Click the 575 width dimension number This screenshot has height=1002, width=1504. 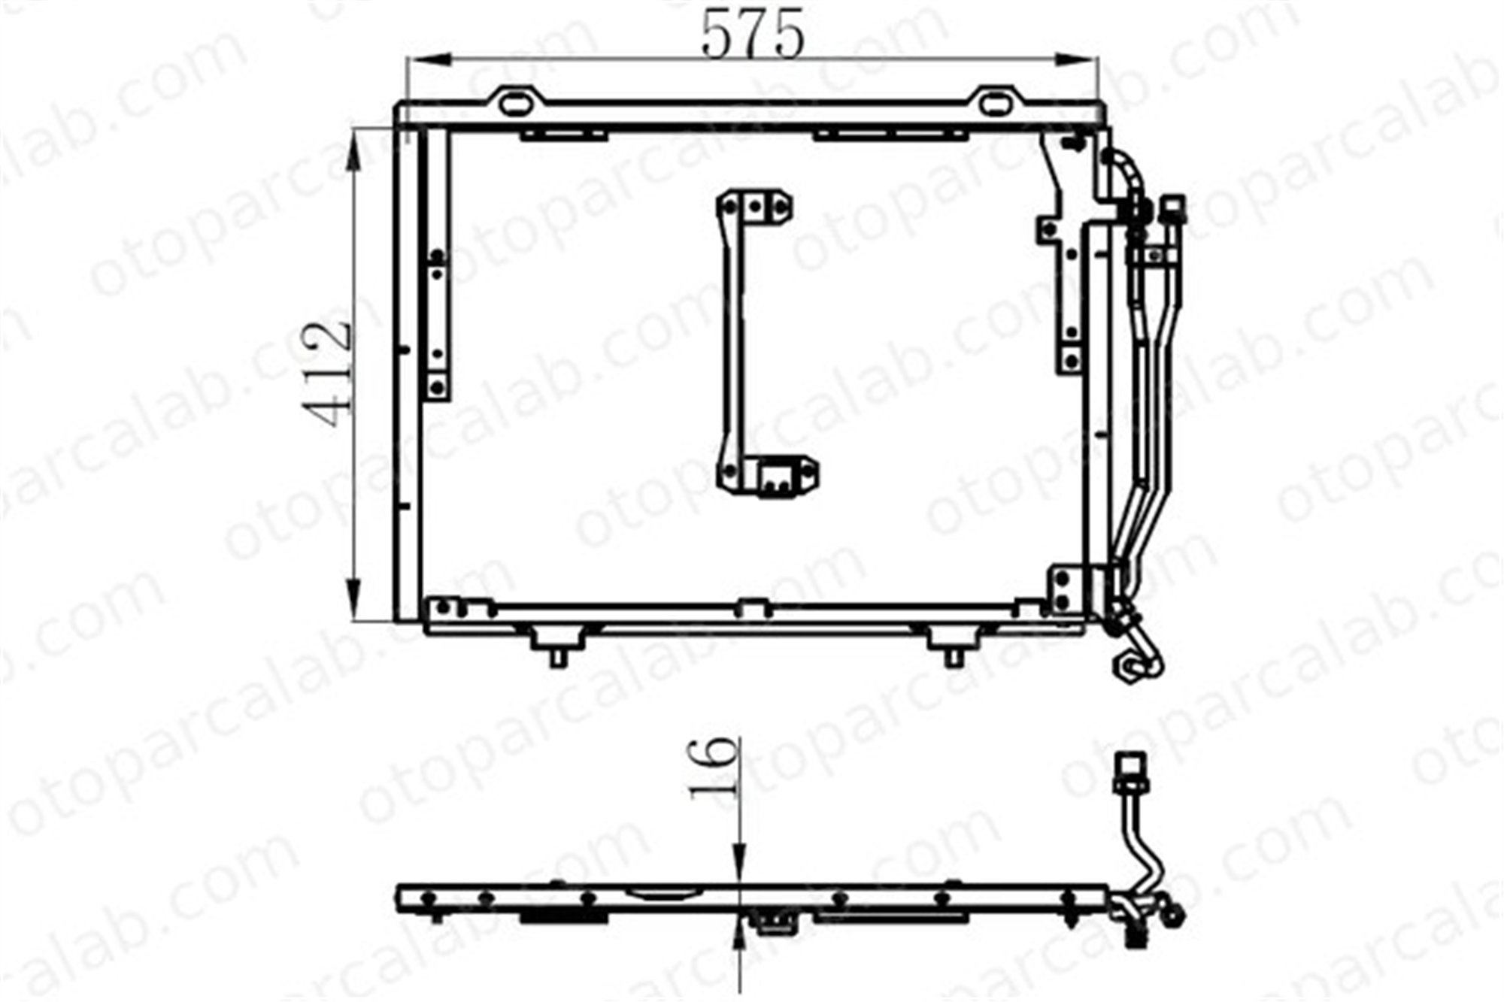(753, 34)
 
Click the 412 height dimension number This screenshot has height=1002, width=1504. (327, 374)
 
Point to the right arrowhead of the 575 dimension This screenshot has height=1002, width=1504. (1076, 60)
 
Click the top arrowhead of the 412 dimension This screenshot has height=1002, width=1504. (354, 154)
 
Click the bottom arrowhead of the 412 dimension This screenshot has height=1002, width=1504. (354, 598)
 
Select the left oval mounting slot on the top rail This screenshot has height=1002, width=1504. (515, 103)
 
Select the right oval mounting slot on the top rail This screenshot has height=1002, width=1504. (996, 103)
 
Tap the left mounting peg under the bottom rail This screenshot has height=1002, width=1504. (557, 647)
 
